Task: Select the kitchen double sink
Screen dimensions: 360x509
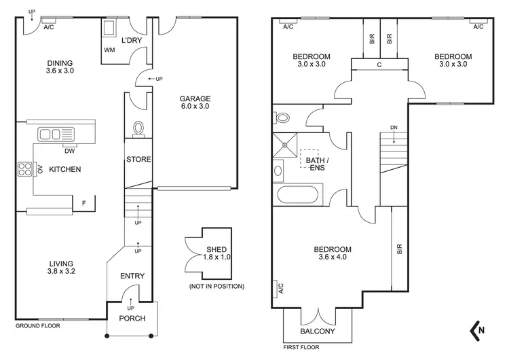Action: pos(51,134)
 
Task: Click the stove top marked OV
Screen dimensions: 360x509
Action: pos(26,168)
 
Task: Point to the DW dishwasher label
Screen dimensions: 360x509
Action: pos(69,150)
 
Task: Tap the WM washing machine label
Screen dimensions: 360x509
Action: pos(109,50)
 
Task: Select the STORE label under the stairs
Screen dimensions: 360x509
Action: pos(138,160)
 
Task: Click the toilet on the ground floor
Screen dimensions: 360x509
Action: pos(138,128)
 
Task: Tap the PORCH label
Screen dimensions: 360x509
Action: pos(132,319)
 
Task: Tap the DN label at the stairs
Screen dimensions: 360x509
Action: pos(394,128)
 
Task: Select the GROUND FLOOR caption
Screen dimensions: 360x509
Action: pos(37,325)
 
